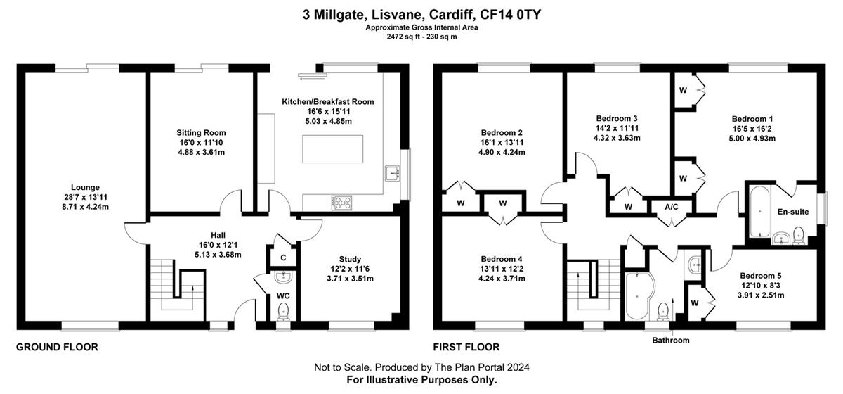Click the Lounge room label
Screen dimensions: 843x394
click(86, 187)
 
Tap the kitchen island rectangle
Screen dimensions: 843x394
click(333, 149)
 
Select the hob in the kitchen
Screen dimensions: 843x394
click(341, 203)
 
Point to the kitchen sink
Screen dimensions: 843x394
click(393, 174)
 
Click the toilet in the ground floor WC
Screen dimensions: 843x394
click(283, 312)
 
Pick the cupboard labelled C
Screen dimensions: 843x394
click(283, 258)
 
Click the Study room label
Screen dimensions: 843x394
click(350, 259)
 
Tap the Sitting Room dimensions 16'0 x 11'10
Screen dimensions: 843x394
click(201, 143)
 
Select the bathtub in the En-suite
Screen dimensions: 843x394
click(760, 211)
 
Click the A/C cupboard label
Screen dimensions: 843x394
click(672, 207)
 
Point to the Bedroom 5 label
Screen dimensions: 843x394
click(761, 276)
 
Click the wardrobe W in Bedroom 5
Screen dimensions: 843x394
click(695, 303)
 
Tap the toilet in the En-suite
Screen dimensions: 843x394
click(798, 235)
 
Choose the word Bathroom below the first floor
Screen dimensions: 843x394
click(671, 340)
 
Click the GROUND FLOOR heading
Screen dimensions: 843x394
click(57, 347)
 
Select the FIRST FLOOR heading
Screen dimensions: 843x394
click(466, 347)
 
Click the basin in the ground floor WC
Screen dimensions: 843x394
click(283, 277)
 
